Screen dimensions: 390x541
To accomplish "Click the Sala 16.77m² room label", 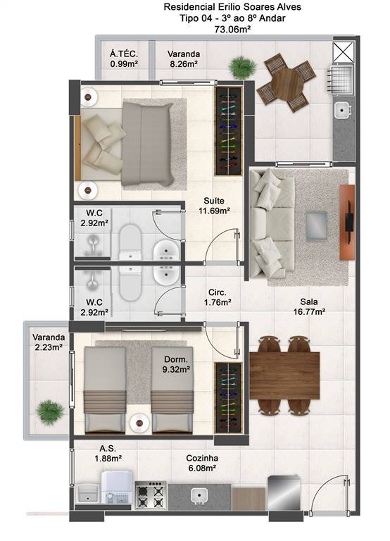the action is point(309,306).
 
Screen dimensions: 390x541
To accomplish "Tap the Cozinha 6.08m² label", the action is point(202,463).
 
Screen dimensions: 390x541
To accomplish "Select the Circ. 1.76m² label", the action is point(218,297).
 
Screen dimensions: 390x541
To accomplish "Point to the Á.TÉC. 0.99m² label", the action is point(124,58).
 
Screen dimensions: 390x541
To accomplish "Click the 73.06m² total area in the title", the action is point(232,30).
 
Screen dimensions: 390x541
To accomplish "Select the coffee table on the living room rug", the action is point(317,225).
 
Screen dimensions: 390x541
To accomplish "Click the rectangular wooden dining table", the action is point(284,375).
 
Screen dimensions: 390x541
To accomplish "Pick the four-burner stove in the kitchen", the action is point(151,495).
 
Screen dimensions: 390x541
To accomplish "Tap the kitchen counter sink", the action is point(199,495).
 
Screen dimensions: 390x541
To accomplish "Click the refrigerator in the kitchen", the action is point(284,492).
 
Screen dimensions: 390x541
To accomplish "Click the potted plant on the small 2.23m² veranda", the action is point(51,411).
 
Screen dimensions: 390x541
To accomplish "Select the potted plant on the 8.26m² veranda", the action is point(243,67).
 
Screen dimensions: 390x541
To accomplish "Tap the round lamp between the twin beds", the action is point(139,423).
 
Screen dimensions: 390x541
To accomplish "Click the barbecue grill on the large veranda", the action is point(341,80).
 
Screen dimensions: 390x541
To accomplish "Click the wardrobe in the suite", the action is point(228,130).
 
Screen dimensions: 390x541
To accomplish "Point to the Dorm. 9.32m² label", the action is point(176,364).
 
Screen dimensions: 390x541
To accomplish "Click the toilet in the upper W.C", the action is point(130,242).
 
